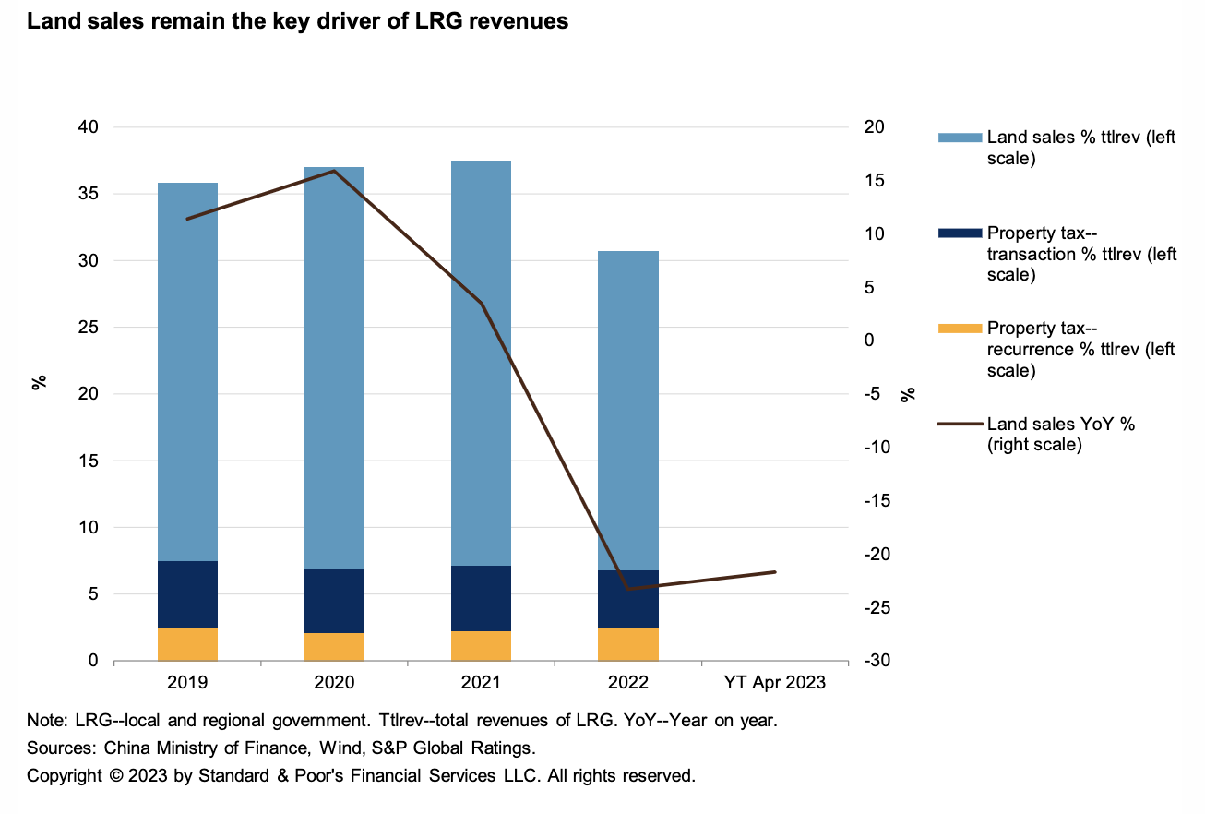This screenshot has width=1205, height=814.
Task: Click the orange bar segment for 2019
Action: click(x=187, y=644)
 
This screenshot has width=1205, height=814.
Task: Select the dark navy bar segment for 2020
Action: click(x=334, y=600)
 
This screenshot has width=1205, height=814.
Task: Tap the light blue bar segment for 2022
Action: click(x=628, y=411)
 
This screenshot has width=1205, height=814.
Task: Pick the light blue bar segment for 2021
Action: click(x=481, y=363)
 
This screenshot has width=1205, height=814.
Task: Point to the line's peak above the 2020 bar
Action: click(x=334, y=171)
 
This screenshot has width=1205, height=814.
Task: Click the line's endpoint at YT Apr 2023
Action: click(x=775, y=572)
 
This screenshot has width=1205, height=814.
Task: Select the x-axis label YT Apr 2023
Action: click(x=775, y=684)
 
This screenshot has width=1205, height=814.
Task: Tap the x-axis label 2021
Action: click(x=481, y=684)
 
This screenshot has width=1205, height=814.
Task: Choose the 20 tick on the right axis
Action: click(x=872, y=127)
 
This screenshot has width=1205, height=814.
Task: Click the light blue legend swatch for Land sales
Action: click(x=960, y=138)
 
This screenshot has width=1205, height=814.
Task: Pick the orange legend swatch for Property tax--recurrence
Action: click(x=960, y=329)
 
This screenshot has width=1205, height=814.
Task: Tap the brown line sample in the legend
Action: click(x=960, y=425)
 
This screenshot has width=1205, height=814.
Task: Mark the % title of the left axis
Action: click(x=40, y=382)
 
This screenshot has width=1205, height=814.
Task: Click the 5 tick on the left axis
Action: click(x=93, y=594)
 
